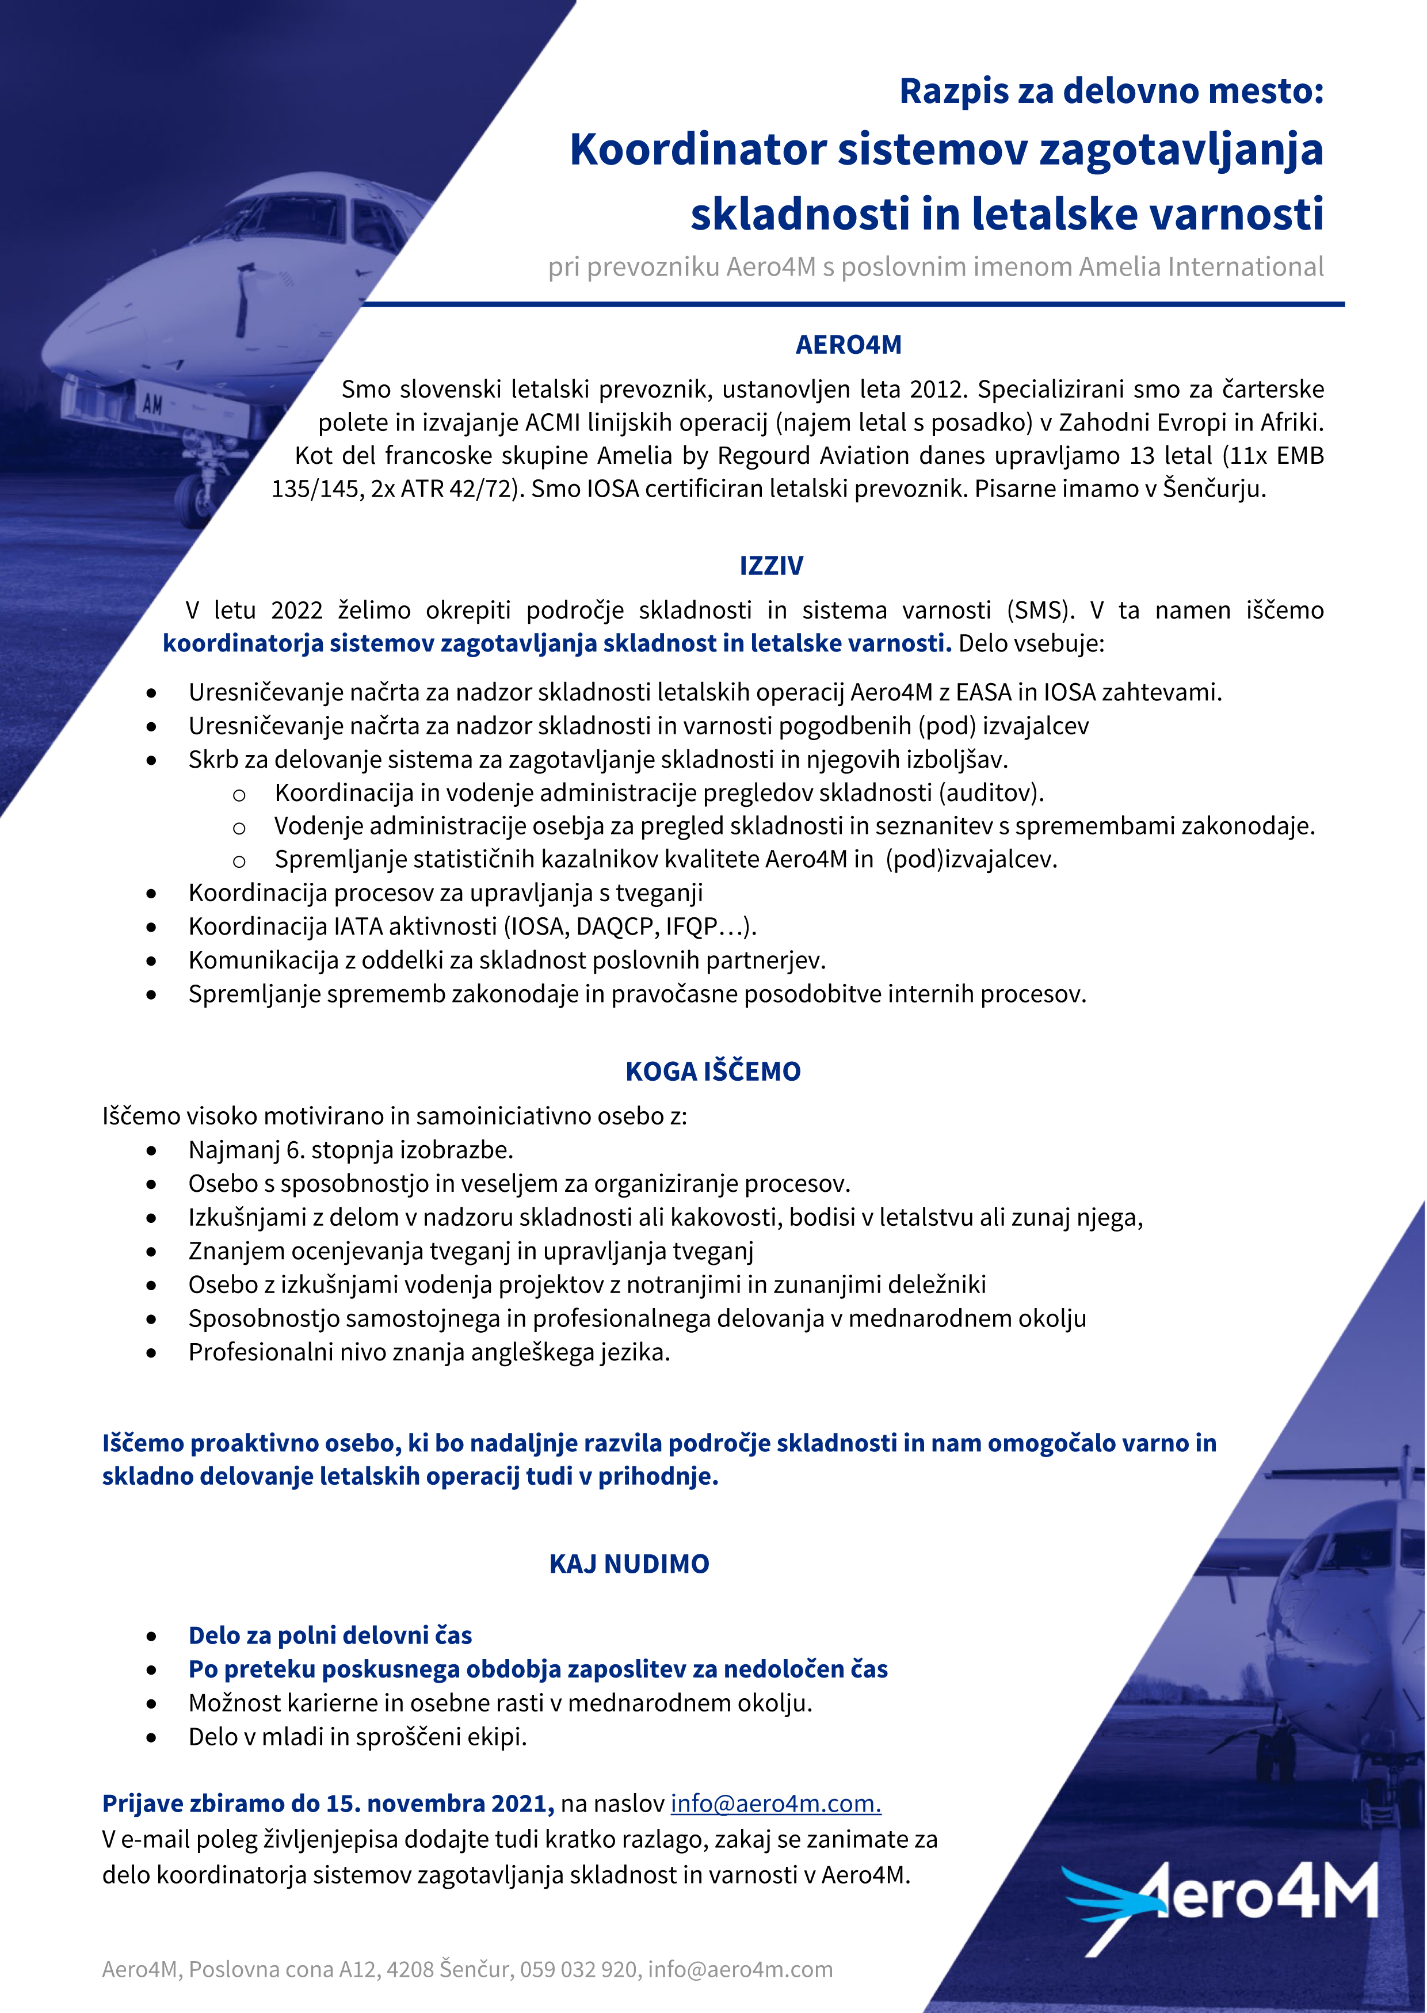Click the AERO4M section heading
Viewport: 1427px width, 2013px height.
[848, 345]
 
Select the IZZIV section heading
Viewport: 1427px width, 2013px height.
[770, 565]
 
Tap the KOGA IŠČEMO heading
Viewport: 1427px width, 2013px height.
[712, 1071]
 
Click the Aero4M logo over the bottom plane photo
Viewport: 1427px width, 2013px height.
[1222, 1903]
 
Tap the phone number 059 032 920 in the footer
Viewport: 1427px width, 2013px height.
[578, 1969]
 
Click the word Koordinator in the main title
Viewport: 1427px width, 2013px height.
[698, 150]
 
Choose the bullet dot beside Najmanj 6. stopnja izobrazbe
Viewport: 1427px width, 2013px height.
[152, 1150]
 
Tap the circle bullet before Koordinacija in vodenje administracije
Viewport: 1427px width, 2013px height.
[238, 794]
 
